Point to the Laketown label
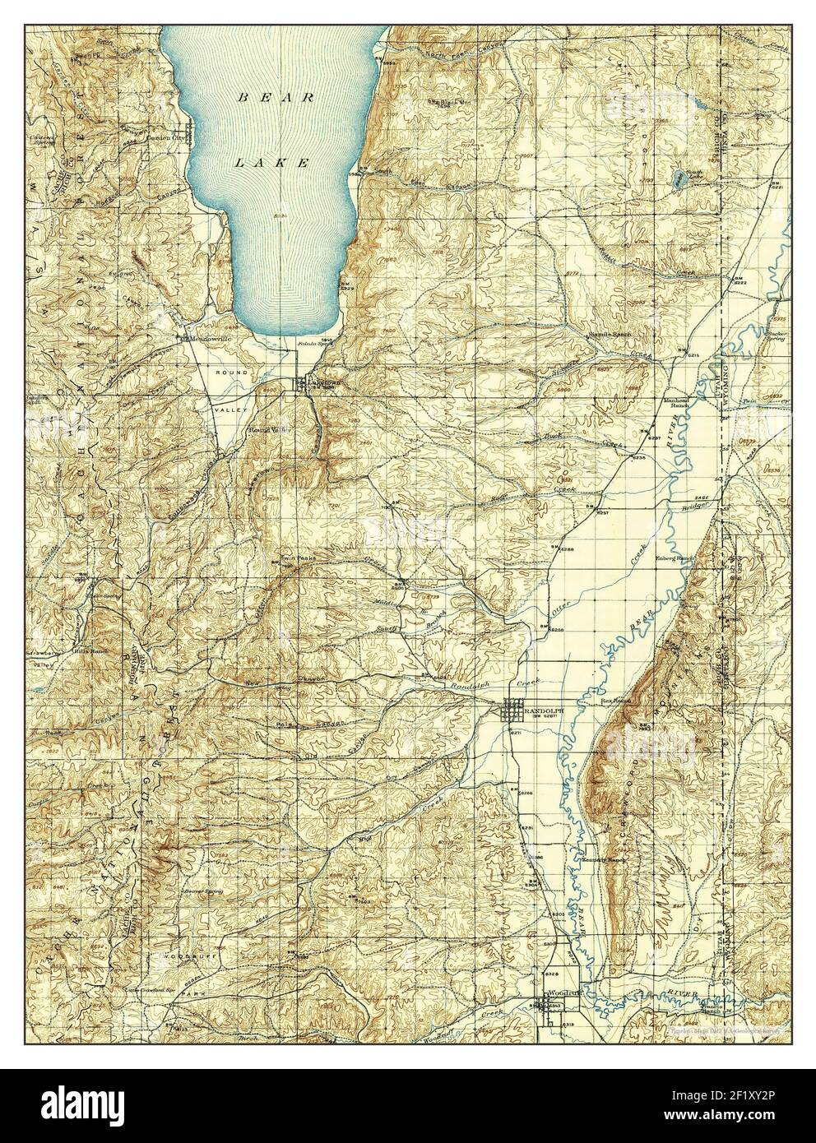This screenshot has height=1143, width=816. point(323,382)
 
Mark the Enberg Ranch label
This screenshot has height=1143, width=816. point(675,557)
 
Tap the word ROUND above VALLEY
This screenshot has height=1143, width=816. point(231,373)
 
